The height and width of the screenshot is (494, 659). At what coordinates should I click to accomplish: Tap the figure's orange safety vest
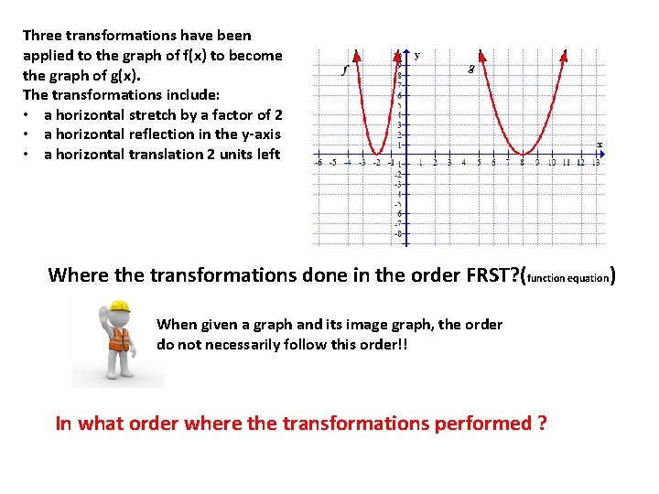pyautogui.click(x=120, y=340)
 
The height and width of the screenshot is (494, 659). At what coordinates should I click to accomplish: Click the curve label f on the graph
pyautogui.click(x=344, y=69)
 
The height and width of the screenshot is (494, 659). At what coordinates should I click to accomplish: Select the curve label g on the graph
pyautogui.click(x=470, y=69)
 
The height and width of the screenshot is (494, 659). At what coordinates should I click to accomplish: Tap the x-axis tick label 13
pyautogui.click(x=596, y=163)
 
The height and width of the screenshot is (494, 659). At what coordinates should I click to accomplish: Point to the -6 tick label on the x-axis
pyautogui.click(x=319, y=163)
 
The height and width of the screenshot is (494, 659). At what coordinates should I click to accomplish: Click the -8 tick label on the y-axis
pyautogui.click(x=397, y=233)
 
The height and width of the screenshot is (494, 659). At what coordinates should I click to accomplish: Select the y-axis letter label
pyautogui.click(x=417, y=55)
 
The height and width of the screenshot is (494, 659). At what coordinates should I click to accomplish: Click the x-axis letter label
pyautogui.click(x=600, y=144)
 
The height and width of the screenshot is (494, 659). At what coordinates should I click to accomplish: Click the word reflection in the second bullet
pyautogui.click(x=157, y=134)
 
